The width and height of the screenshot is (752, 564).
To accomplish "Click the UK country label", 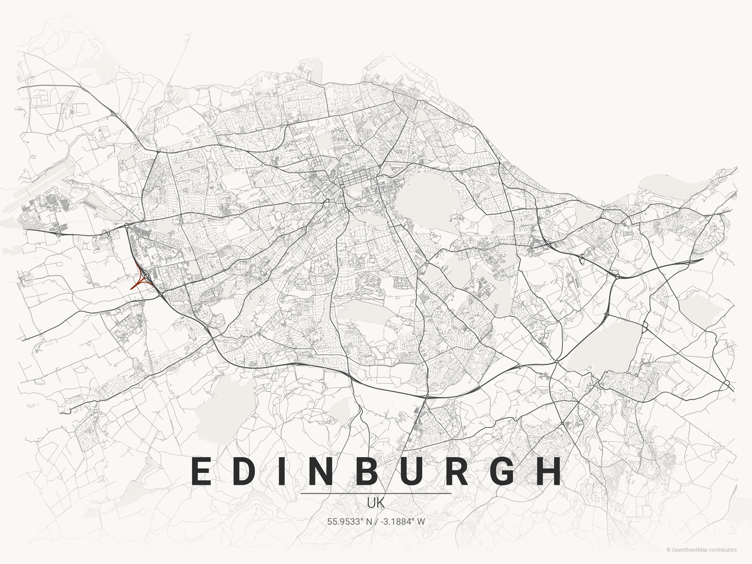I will pos(376,503).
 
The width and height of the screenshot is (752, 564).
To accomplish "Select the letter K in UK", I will pos(381,503).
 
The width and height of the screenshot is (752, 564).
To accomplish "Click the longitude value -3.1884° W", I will pos(402,521).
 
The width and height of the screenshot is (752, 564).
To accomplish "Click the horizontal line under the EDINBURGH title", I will pos(376,493).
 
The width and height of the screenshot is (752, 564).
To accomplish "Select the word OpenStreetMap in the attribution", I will pos(691,550).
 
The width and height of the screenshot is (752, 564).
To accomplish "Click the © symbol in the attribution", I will pos(668,550).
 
